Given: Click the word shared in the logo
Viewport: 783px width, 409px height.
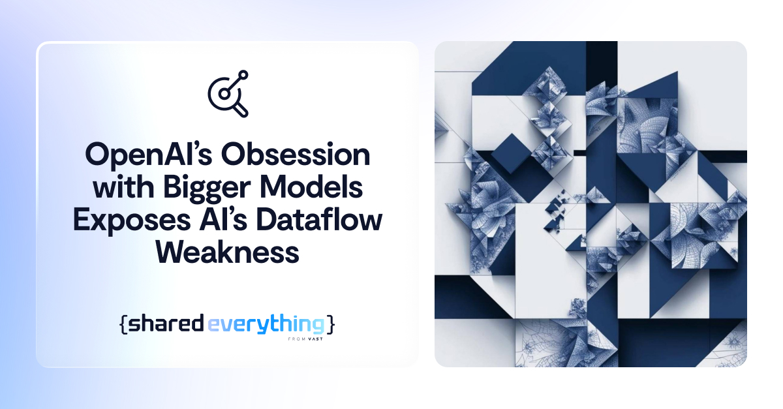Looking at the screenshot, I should point(166,324).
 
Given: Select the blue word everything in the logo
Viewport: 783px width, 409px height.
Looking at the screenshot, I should point(266,324).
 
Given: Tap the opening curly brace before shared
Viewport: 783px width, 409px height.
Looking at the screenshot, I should point(123,324).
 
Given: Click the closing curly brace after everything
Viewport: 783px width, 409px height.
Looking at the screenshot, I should point(331,324).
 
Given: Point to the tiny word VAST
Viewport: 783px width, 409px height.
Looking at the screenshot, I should point(316,339).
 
